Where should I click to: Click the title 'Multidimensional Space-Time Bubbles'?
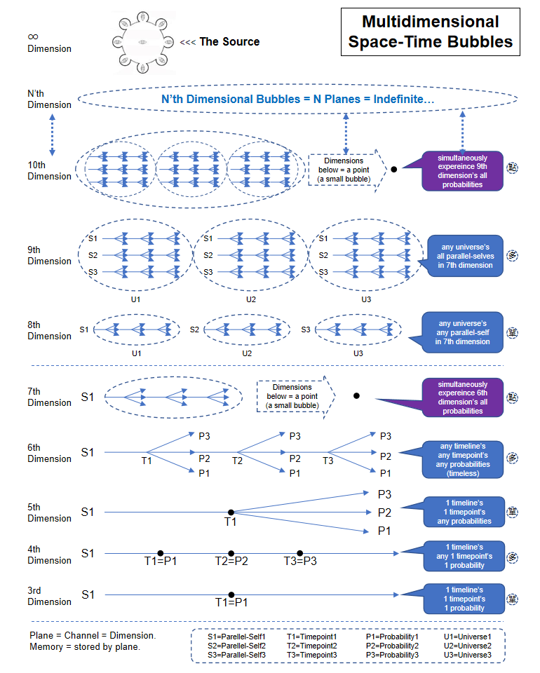(431, 32)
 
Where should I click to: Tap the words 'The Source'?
(229, 42)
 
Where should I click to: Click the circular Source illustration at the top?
(143, 42)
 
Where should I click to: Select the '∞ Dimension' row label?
(49, 42)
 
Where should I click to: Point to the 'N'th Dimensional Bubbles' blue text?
(297, 100)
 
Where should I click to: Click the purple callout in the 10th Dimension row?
(464, 171)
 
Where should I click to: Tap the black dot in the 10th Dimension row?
(394, 169)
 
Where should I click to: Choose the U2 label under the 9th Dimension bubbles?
(247, 299)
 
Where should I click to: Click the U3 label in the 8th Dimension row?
(358, 353)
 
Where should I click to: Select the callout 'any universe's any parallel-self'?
(462, 333)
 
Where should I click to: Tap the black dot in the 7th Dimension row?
(357, 396)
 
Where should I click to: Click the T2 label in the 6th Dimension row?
(237, 461)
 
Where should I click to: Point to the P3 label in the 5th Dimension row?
(384, 494)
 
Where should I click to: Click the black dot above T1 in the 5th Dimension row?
(231, 512)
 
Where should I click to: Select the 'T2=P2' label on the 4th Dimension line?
(231, 562)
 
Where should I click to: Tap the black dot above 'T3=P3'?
(299, 553)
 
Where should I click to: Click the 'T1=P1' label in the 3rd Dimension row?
(231, 602)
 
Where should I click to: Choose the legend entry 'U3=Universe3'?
(468, 655)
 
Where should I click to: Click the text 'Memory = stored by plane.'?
(85, 646)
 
